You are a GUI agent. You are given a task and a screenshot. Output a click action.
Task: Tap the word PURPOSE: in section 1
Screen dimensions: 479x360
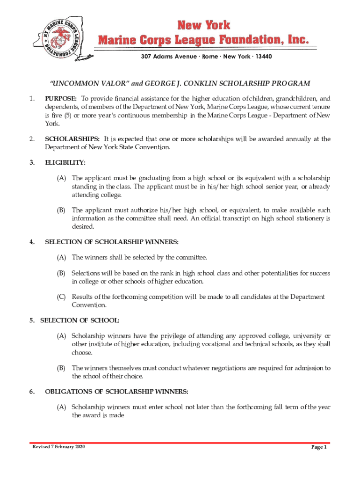61,98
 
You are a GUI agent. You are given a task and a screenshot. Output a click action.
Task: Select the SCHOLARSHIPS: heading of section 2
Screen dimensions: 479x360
72,139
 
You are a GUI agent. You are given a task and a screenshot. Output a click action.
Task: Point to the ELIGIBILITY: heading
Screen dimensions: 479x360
65,162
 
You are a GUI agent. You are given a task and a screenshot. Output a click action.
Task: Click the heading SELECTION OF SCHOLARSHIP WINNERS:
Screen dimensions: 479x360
112,242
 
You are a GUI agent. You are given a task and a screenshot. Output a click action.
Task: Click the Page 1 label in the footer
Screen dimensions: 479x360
319,448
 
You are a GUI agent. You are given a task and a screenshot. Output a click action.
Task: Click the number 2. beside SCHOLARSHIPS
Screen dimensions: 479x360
31,139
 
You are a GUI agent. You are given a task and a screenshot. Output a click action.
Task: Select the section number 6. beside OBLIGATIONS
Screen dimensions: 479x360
31,392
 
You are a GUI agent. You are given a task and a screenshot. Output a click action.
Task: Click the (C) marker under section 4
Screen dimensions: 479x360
61,297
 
